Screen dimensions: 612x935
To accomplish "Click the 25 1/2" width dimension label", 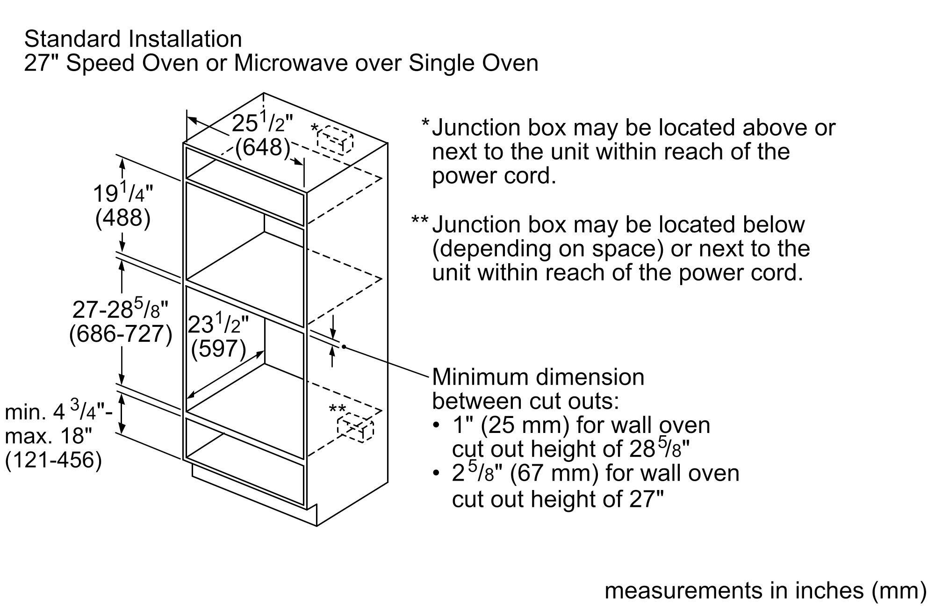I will (262, 123).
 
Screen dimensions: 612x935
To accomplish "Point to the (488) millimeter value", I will (123, 218).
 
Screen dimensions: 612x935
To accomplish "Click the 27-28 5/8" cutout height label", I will (121, 310).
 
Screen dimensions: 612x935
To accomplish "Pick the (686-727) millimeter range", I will (121, 334).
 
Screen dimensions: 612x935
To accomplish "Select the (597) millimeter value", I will (218, 348).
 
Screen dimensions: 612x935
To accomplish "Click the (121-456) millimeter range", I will (53, 460).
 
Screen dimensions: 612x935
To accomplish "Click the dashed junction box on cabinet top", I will (335, 139).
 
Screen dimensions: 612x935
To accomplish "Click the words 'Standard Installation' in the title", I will (133, 39).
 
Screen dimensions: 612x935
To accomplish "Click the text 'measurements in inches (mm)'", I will (765, 590).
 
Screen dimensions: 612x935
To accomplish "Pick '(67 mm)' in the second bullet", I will (554, 473).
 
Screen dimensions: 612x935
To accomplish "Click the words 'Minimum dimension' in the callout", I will (538, 377).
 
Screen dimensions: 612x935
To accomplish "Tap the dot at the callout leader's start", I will (344, 346).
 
